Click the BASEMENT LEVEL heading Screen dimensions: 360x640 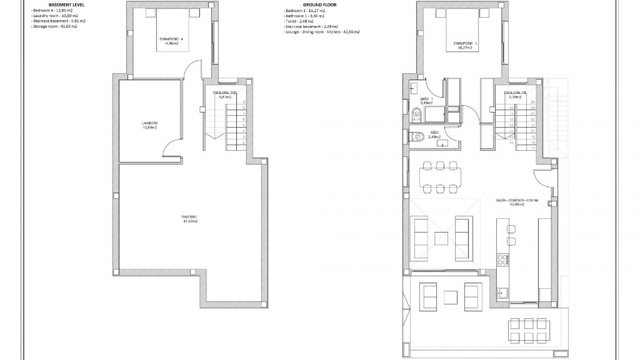(x=66, y=5)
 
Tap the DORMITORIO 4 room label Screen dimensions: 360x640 (x=171, y=41)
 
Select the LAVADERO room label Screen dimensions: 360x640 (x=149, y=125)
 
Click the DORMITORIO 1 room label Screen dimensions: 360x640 (x=463, y=45)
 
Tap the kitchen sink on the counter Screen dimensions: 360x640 (x=502, y=293)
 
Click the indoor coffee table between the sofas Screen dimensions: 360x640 (x=441, y=239)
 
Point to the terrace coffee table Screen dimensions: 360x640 (x=451, y=297)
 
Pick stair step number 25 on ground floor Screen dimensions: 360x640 (x=532, y=102)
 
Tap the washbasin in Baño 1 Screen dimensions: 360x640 (x=414, y=88)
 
